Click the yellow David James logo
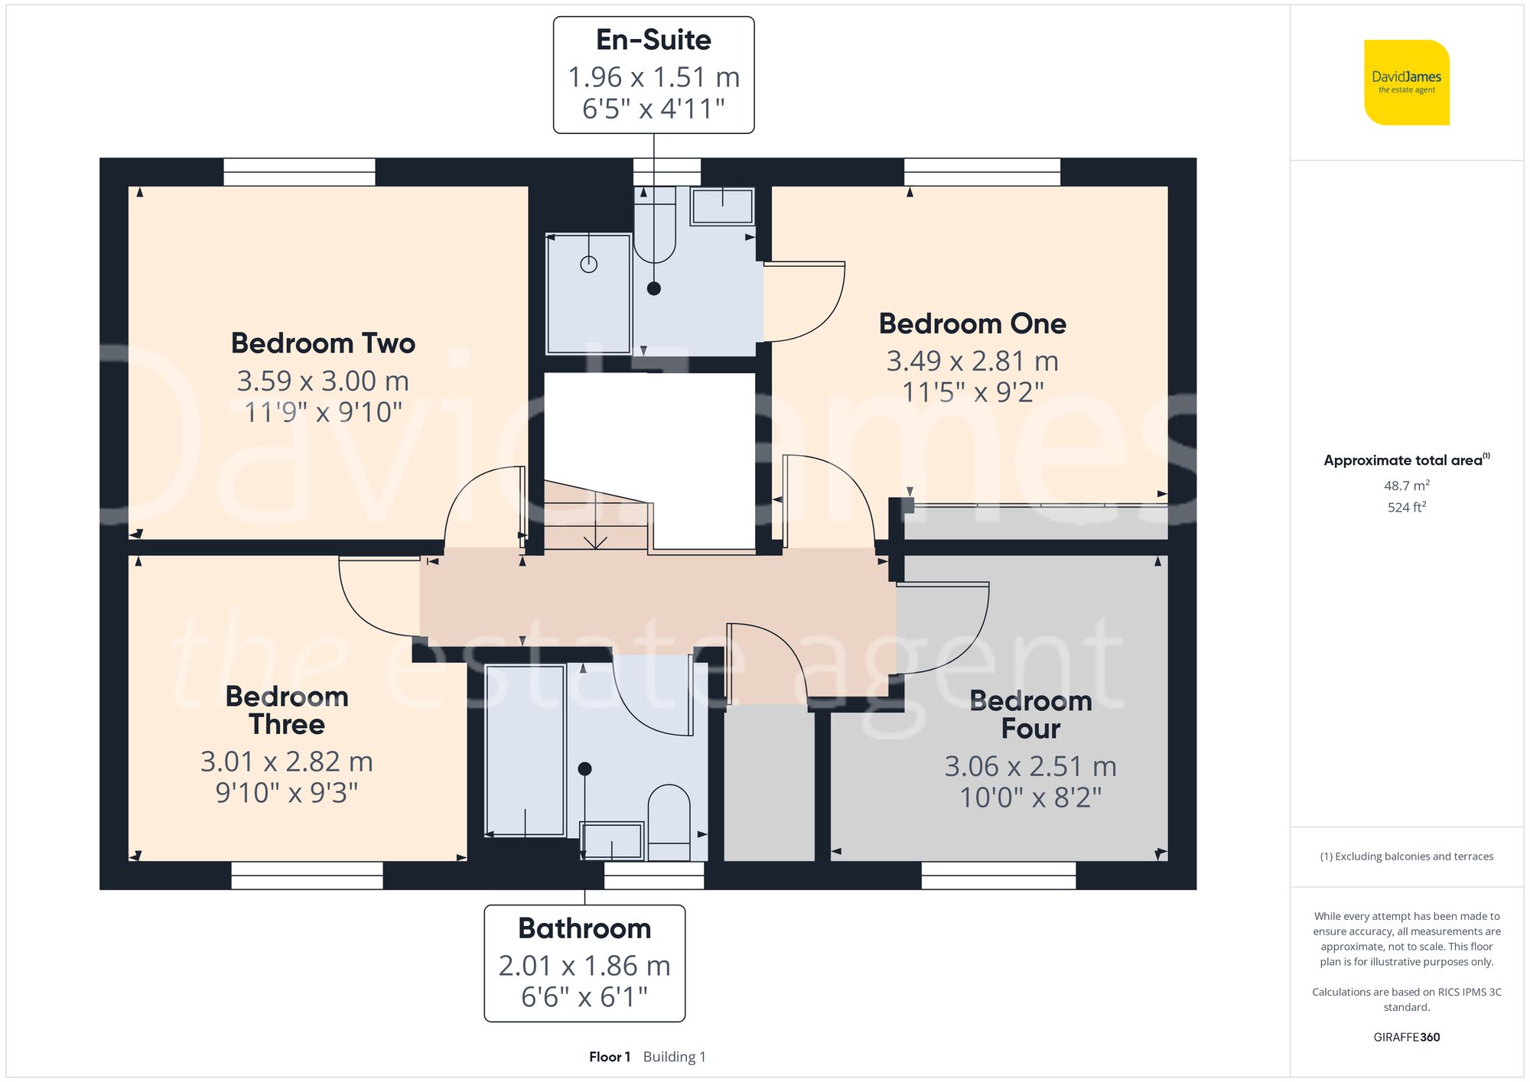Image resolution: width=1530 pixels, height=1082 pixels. tap(1406, 83)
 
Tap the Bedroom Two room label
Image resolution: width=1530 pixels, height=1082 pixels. tap(323, 343)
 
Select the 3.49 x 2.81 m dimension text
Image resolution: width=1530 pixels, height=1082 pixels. tap(972, 361)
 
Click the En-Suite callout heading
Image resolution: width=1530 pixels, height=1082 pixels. tap(653, 40)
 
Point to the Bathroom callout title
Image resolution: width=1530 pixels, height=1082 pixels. tap(584, 928)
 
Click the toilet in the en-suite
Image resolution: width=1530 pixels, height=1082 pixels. tap(655, 226)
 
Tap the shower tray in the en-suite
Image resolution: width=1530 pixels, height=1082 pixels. tap(588, 294)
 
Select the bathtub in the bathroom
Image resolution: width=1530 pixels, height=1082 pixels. tap(525, 750)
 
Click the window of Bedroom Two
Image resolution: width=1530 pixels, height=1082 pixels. tap(299, 172)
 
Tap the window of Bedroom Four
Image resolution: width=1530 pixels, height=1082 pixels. tap(998, 876)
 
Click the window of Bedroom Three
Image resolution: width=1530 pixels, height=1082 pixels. tap(307, 876)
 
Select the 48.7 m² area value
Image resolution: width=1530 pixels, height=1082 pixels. tap(1406, 486)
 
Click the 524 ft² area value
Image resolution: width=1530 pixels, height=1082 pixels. tap(1406, 507)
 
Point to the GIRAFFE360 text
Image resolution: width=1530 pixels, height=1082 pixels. tap(1406, 1038)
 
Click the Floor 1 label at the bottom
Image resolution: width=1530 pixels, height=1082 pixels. tap(610, 1057)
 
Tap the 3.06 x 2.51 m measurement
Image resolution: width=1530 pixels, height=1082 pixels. tap(1030, 766)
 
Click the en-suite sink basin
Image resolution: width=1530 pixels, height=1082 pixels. tap(722, 206)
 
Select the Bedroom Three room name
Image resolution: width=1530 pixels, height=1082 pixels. tap(287, 710)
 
